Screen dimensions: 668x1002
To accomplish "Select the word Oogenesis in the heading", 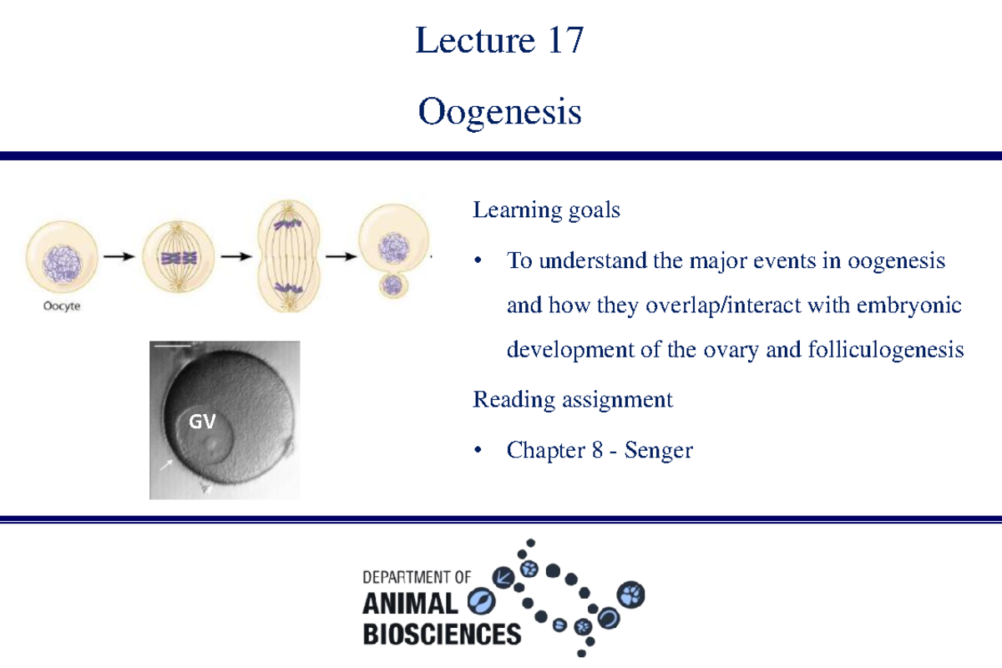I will pyautogui.click(x=499, y=111).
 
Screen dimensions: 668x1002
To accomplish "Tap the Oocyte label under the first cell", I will pyautogui.click(x=63, y=306).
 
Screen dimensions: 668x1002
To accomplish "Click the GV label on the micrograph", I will pyautogui.click(x=201, y=422).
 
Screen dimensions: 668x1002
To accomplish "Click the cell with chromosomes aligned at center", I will pyautogui.click(x=178, y=257).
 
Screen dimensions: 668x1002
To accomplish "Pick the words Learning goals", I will pyautogui.click(x=546, y=210).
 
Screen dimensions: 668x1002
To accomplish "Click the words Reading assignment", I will pyautogui.click(x=572, y=400).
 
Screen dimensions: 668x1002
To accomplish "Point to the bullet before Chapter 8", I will pyautogui.click(x=478, y=452).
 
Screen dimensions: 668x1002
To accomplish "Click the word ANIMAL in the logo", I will pyautogui.click(x=410, y=604).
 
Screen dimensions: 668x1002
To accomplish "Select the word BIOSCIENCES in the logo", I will pyautogui.click(x=442, y=634).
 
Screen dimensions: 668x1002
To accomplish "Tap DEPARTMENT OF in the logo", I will pyautogui.click(x=417, y=577).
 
